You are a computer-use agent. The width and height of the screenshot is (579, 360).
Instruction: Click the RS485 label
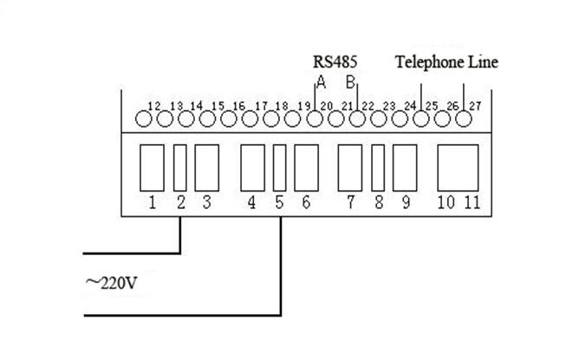[x=335, y=62]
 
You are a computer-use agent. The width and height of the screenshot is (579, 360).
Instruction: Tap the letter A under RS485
[x=322, y=82]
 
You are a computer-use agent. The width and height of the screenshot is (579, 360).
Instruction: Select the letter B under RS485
[x=350, y=82]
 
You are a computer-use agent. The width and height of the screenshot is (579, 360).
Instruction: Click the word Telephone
[x=429, y=62]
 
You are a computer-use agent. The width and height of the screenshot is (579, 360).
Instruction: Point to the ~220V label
[x=112, y=283]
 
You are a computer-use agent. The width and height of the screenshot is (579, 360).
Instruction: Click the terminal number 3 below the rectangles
[x=207, y=202]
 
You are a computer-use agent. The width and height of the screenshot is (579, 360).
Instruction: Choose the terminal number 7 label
[x=350, y=202]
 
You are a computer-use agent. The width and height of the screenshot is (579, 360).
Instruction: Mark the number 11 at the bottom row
[x=472, y=202]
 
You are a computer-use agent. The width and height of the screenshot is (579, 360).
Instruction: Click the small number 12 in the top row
[x=154, y=106]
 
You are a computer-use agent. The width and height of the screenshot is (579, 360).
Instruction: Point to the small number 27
[x=475, y=106]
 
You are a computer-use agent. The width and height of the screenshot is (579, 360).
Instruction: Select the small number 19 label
[x=304, y=106]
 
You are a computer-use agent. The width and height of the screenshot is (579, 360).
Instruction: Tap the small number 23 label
[x=389, y=106]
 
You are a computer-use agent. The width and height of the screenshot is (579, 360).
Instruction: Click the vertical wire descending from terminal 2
[x=180, y=235]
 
